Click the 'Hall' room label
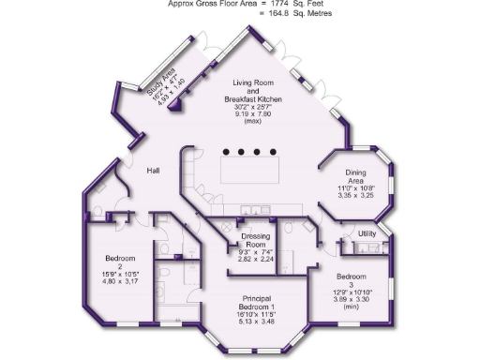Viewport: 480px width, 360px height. [154, 170]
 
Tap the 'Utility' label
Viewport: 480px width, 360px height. [367, 232]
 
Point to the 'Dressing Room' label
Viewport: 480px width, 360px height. [255, 239]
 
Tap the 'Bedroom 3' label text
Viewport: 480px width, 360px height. [352, 277]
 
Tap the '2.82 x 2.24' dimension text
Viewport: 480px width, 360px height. [255, 260]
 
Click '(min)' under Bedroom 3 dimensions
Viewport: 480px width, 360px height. [352, 306]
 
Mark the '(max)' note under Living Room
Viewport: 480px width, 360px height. [251, 121]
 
